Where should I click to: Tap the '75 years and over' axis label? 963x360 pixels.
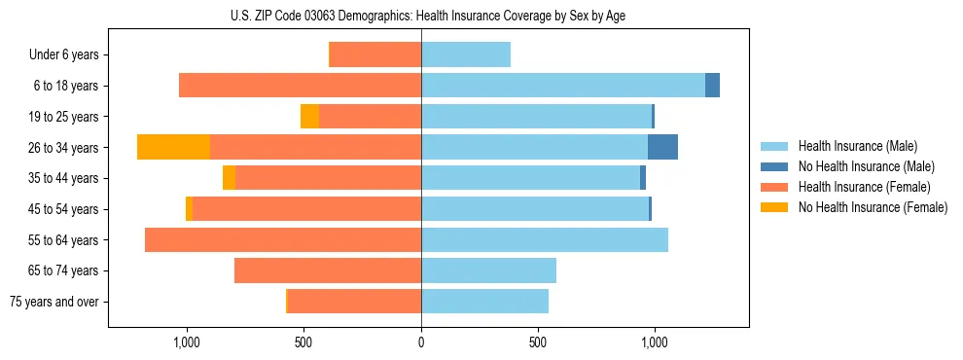[54, 302]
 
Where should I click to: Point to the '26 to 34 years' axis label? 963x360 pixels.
[64, 148]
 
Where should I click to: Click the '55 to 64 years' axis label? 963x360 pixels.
[64, 240]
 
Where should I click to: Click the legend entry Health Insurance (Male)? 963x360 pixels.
[852, 146]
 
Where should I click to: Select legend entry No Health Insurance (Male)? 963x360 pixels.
[859, 166]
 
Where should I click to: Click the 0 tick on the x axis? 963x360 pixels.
[421, 342]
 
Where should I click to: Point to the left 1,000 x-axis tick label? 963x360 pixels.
[187, 342]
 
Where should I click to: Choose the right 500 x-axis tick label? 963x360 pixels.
[538, 342]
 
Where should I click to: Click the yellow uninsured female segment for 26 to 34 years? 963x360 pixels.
[173, 147]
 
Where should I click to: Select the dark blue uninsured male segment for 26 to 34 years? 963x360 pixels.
[662, 147]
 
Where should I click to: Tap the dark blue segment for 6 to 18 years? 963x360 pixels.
[712, 86]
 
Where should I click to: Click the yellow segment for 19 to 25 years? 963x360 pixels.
[309, 117]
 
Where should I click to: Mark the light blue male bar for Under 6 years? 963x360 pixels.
[466, 54]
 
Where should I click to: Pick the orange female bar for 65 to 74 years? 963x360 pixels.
[328, 270]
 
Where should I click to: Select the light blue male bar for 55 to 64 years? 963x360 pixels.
[545, 239]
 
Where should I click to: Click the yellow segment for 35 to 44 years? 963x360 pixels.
[229, 178]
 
